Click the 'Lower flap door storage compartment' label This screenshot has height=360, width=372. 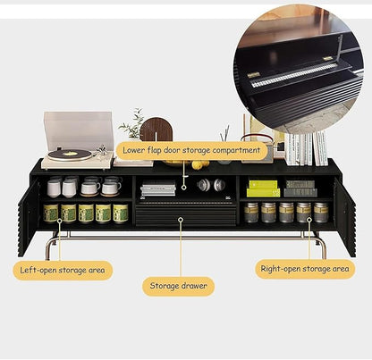tap(191, 150)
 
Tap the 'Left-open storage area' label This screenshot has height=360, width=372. tap(63, 271)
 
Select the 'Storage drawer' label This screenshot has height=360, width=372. tap(178, 286)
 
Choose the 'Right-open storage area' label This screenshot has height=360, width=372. tap(305, 269)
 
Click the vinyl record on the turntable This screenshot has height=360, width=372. tap(70, 155)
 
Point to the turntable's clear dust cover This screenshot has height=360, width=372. tap(79, 130)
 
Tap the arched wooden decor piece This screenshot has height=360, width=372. tap(156, 130)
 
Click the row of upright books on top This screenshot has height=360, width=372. tap(306, 149)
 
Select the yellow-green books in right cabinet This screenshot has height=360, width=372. tap(264, 188)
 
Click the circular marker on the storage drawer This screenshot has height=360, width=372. tap(181, 220)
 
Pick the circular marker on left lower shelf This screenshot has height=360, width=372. tap(60, 221)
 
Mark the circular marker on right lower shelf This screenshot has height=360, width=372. tap(309, 220)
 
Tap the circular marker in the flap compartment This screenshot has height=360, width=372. tap(184, 188)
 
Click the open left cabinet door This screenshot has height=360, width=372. tap(29, 216)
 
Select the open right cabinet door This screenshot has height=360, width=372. tap(345, 216)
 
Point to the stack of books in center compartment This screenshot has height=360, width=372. tap(158, 188)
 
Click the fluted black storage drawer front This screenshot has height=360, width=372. tap(186, 213)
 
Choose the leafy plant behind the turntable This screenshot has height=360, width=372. tap(132, 124)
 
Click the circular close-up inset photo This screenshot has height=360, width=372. tap(301, 69)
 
